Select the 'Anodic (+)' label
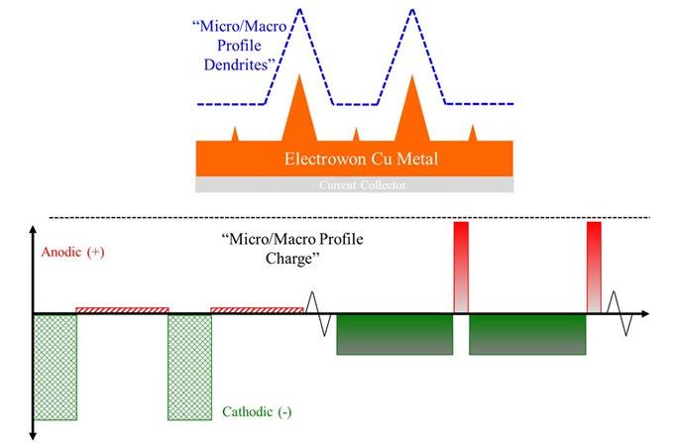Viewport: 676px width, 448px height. (72, 253)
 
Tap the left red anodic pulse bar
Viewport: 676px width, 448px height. (461, 266)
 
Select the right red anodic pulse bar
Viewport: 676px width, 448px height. (594, 266)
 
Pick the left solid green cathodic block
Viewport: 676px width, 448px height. (394, 334)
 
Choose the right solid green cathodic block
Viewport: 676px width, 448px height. (527, 334)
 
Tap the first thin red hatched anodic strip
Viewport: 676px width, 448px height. (122, 310)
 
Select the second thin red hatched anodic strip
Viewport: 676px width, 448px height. (257, 310)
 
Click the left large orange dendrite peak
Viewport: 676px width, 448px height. (300, 114)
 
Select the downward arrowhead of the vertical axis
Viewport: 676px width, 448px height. (35, 435)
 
